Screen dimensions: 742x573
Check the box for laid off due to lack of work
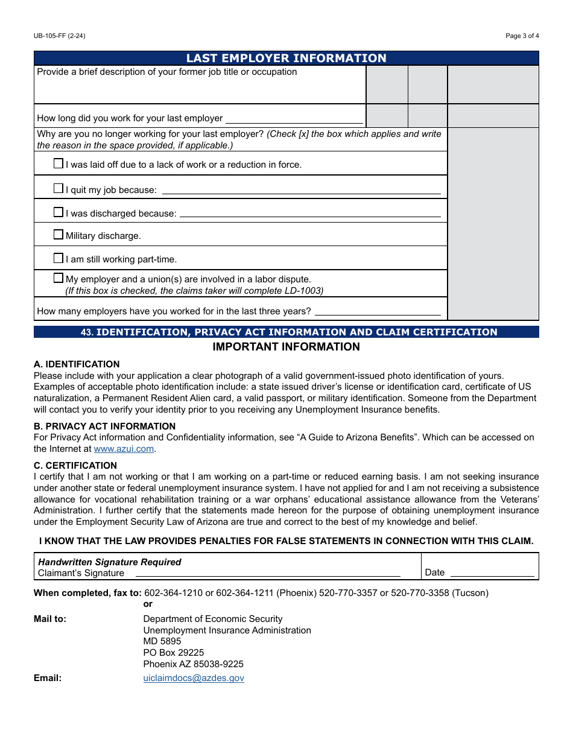click(58, 163)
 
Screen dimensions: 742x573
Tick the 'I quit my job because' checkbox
click(58, 189)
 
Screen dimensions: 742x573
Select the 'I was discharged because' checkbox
click(58, 212)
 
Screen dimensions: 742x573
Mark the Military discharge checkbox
click(58, 235)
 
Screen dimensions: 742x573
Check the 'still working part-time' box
click(58, 258)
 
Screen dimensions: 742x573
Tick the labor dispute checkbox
click(58, 278)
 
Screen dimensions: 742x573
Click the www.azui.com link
click(124, 449)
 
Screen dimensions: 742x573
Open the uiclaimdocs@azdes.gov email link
click(194, 678)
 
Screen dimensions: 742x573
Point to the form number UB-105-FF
click(59, 36)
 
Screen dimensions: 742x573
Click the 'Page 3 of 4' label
click(522, 36)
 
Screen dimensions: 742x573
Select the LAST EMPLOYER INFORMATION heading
click(286, 58)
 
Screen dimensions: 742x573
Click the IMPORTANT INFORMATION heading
click(286, 347)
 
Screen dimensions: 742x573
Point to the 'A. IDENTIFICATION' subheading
click(77, 364)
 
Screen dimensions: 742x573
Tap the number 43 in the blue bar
click(87, 332)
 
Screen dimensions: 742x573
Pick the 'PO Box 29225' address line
click(174, 653)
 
